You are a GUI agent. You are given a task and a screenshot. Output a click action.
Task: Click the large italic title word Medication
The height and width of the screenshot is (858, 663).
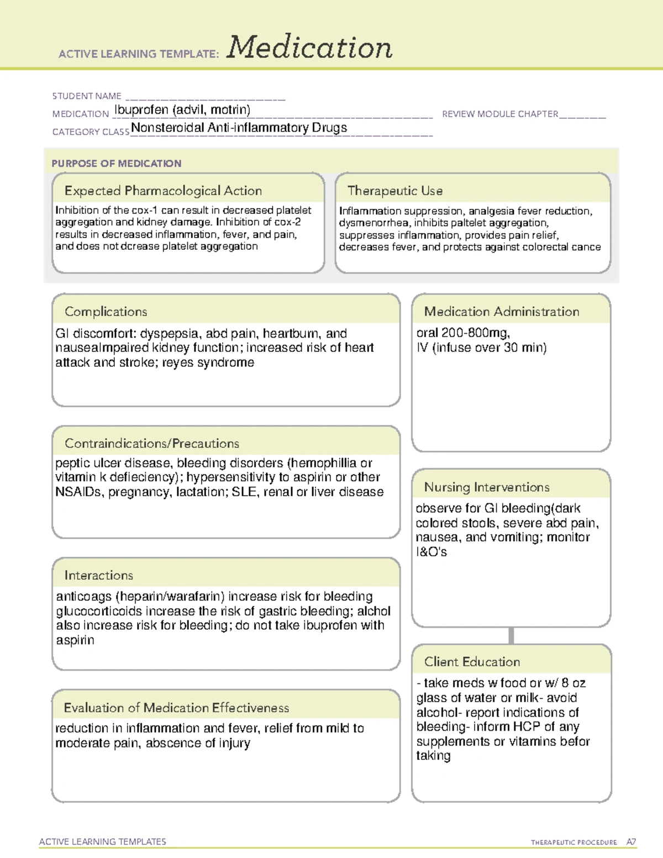[309, 48]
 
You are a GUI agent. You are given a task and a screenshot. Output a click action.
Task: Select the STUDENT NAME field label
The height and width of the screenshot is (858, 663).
[87, 96]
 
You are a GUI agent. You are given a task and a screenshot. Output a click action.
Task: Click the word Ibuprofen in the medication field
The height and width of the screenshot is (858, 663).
[141, 110]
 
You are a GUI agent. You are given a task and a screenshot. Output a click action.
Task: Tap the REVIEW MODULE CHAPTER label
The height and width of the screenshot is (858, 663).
[500, 114]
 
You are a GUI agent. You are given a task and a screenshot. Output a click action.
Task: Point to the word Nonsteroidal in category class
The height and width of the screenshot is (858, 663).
[167, 128]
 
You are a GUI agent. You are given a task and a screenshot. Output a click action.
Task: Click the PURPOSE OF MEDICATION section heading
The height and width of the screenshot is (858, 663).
[117, 164]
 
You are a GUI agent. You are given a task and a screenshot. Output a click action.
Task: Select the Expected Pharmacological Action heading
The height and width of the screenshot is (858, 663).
[163, 191]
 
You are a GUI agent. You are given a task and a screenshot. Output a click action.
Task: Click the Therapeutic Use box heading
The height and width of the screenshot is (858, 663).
[395, 191]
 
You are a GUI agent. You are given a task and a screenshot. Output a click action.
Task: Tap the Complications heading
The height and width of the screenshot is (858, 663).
[106, 312]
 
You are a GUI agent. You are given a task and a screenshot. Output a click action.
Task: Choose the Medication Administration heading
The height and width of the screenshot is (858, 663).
[502, 312]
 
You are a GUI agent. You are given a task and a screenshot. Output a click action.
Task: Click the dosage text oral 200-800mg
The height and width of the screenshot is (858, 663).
[463, 333]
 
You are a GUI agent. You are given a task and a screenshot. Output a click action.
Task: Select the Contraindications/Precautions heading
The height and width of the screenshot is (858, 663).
[152, 443]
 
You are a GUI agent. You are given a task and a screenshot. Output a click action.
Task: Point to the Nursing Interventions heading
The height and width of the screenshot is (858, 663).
[487, 487]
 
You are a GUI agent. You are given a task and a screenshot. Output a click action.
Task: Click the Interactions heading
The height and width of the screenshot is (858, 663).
[99, 575]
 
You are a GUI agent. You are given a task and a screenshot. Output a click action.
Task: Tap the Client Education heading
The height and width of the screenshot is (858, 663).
[472, 662]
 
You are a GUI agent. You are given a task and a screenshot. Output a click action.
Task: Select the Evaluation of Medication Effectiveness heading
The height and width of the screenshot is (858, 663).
[176, 708]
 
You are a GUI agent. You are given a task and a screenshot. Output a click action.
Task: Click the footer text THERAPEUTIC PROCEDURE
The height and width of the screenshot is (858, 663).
[573, 843]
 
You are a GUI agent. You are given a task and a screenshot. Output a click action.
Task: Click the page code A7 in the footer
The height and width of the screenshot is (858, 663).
[631, 842]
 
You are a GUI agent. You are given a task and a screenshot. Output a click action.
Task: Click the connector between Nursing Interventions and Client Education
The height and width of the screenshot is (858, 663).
[511, 636]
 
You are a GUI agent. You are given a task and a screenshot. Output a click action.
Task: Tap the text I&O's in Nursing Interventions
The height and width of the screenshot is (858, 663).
[431, 552]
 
